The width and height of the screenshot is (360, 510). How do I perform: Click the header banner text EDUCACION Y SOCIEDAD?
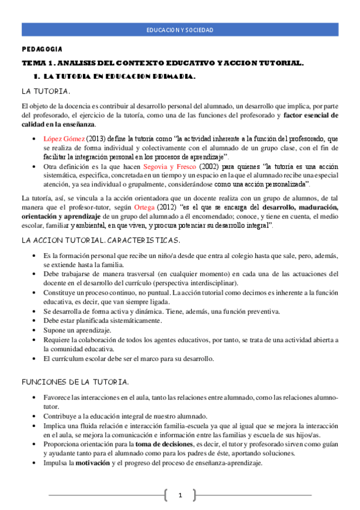180,30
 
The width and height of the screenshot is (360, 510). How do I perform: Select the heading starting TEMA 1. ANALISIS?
163,63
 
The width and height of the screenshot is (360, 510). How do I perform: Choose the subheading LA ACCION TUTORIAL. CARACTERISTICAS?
100,241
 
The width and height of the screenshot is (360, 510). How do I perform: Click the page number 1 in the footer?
179,495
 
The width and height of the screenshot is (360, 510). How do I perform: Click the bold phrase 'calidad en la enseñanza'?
55,124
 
